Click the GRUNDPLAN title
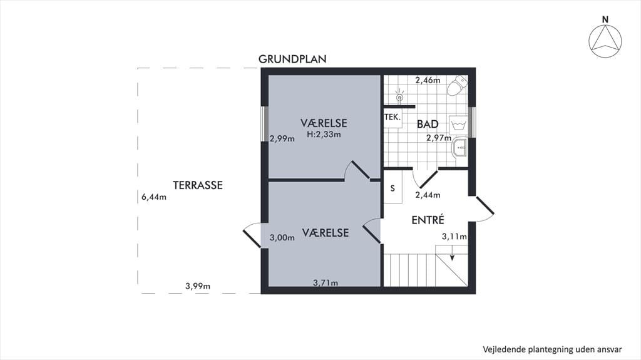coord(292,59)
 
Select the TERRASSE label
coord(198,185)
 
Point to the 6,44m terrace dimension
coord(154,197)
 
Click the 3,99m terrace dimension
coord(198,286)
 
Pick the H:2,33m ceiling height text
coord(324,134)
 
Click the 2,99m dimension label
coord(282,139)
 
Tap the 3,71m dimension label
coord(326,283)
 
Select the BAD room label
coord(428,124)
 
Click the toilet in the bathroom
coord(458,86)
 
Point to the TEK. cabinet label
coord(392,118)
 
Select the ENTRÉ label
coord(428,220)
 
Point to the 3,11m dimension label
coord(454,237)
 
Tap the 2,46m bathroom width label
coord(428,80)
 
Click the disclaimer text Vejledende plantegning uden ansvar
coord(552,349)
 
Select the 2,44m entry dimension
coord(428,195)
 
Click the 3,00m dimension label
coord(282,238)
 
